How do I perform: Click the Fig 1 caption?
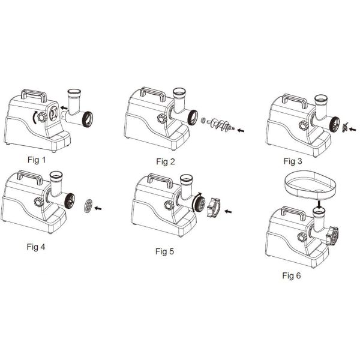point(37,160)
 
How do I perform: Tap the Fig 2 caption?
point(166,161)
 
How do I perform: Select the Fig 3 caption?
point(293,161)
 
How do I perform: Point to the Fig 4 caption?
point(36,247)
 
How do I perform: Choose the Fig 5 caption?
point(164,251)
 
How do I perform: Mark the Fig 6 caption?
point(292,275)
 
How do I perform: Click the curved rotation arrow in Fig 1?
point(34,118)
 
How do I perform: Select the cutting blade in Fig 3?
point(344,127)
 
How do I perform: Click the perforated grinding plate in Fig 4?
point(88,206)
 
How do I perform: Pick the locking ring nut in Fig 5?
point(214,208)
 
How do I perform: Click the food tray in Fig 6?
point(311,184)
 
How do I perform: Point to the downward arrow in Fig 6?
point(319,204)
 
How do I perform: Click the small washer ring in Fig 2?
point(203,121)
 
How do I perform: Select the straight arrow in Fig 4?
point(98,208)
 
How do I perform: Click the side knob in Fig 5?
point(169,205)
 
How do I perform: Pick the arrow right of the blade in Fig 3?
point(352,129)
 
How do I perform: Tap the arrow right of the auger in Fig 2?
point(241,130)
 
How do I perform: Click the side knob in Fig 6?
point(302,237)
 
